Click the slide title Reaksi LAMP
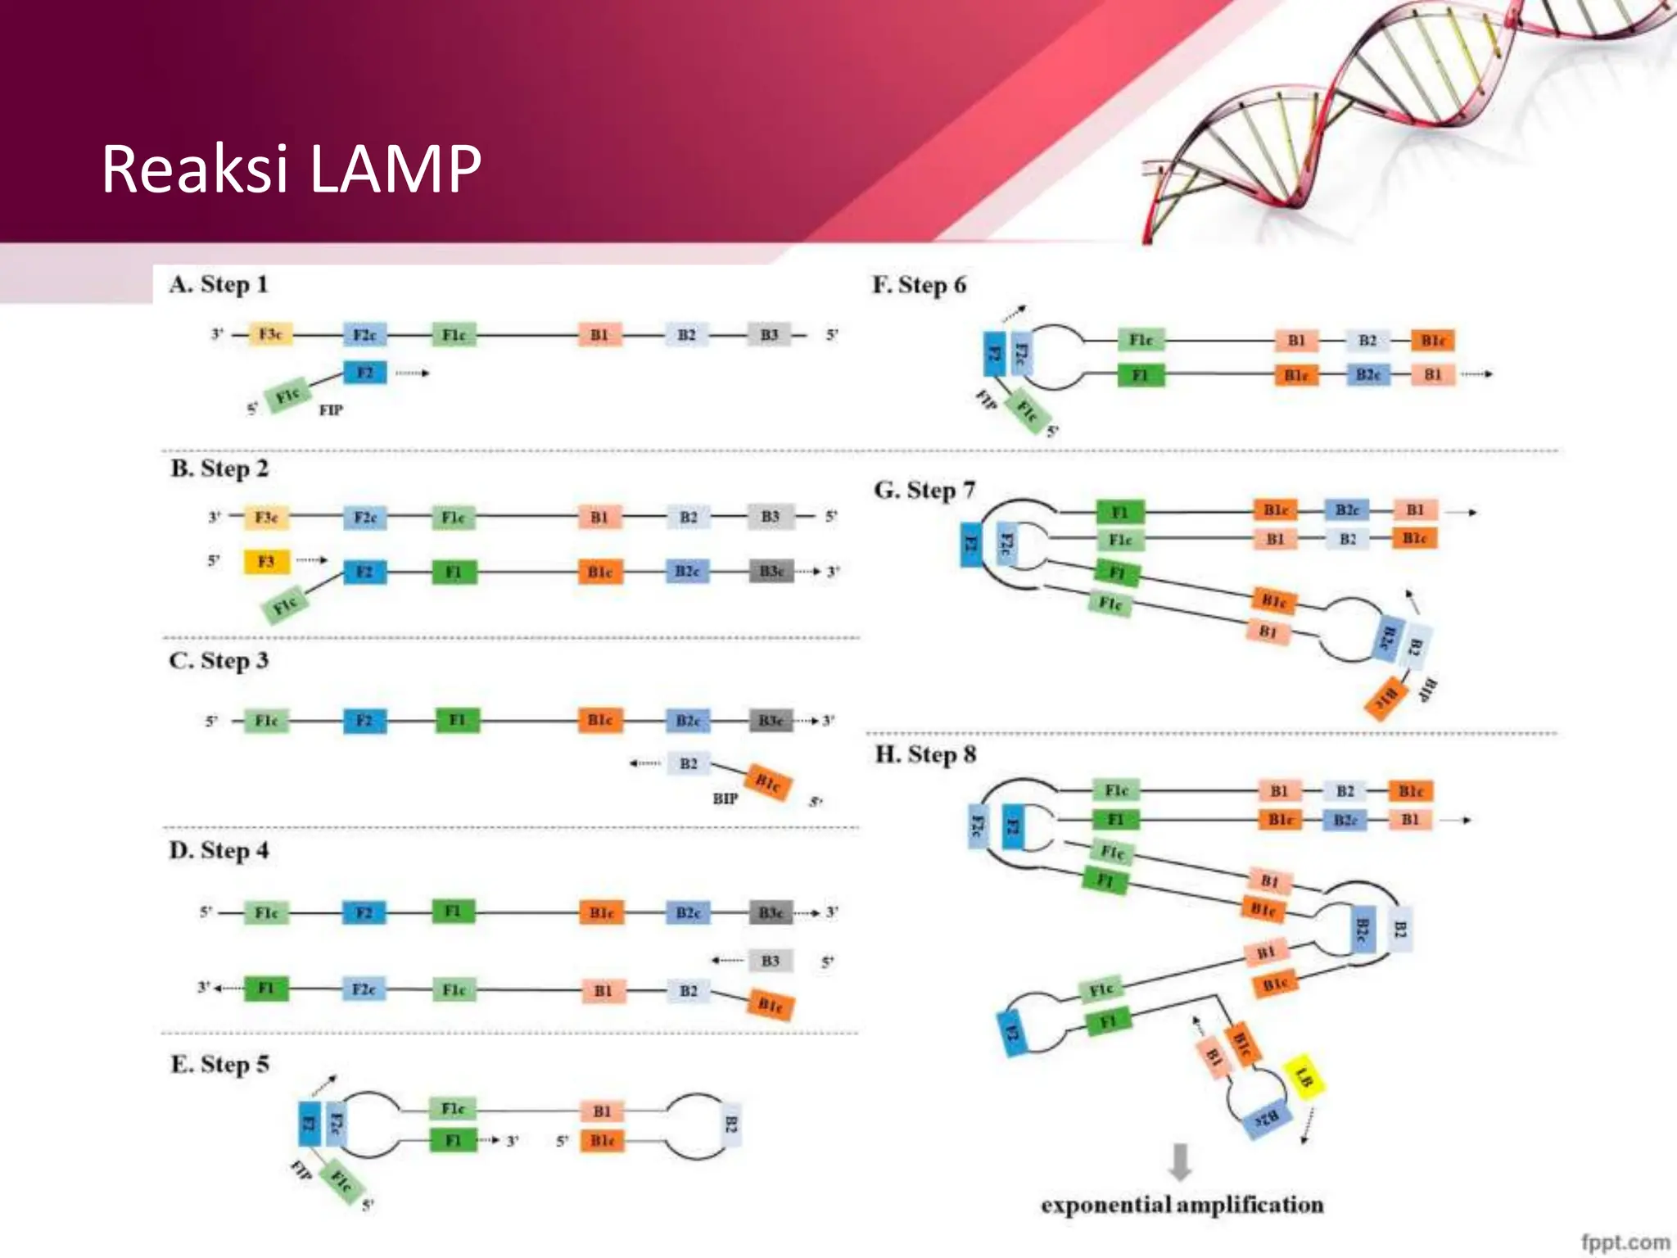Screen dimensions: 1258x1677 tap(292, 169)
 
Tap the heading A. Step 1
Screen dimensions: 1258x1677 tap(219, 284)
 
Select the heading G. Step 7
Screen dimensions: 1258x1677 tap(924, 490)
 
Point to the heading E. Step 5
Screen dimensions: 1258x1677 tap(219, 1064)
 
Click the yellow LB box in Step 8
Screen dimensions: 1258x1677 tap(1304, 1076)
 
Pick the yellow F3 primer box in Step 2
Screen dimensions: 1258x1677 tap(266, 562)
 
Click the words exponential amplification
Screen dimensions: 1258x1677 tap(1182, 1205)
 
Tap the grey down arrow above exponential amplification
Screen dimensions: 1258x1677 tap(1180, 1161)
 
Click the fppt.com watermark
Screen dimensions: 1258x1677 tap(1625, 1242)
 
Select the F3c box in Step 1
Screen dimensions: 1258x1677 tap(270, 334)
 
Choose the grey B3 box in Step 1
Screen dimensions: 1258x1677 tap(769, 335)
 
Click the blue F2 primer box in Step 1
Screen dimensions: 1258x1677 tap(364, 373)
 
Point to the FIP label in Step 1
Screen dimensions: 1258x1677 tap(331, 410)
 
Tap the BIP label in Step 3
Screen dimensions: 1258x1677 tap(725, 799)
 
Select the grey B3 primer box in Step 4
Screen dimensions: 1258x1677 tap(770, 961)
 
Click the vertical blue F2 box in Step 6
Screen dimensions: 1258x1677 tap(994, 354)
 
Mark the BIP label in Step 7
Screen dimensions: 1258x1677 tap(1428, 690)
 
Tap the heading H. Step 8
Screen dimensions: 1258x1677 tap(925, 754)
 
